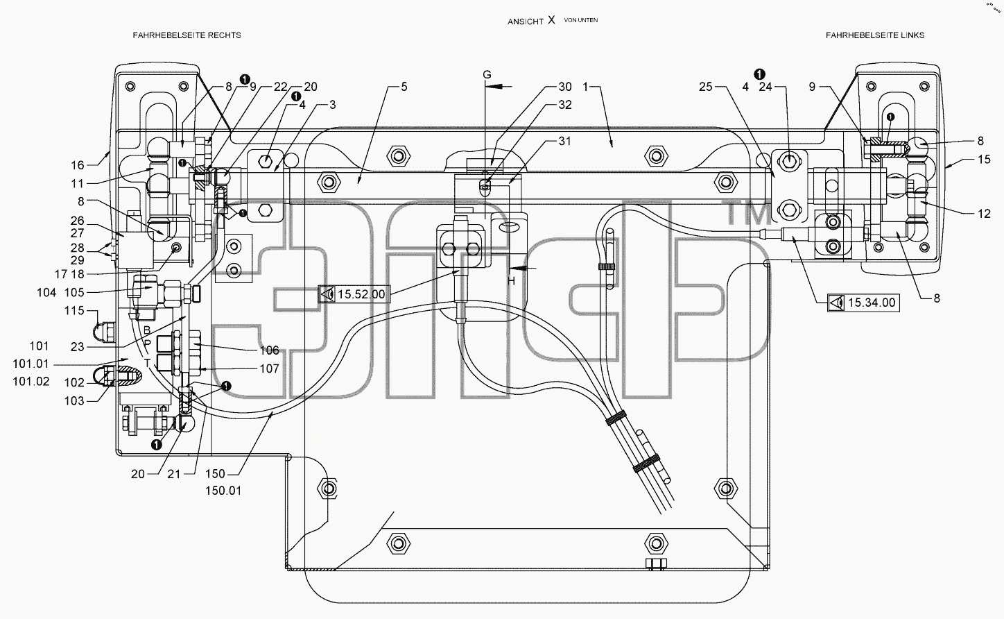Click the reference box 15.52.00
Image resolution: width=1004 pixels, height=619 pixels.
(x=354, y=294)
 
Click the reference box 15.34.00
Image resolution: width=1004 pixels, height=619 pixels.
(x=863, y=303)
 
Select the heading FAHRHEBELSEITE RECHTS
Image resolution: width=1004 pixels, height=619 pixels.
(x=187, y=35)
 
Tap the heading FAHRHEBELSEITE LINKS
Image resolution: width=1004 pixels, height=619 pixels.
(x=875, y=35)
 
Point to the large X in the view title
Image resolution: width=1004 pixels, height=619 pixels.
(x=551, y=19)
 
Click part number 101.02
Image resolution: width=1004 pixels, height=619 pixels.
(x=31, y=381)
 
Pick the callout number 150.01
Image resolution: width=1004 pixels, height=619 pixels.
(x=223, y=491)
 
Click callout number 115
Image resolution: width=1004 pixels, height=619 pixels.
(x=74, y=310)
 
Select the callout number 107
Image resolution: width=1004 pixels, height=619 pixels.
(x=270, y=368)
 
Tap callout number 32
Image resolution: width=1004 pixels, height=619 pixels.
(x=565, y=105)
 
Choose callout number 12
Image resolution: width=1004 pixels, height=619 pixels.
(x=985, y=214)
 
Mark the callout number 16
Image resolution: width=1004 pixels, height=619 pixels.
(x=78, y=165)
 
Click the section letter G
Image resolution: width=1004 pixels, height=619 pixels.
(x=487, y=74)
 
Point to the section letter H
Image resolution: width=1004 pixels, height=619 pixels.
(x=512, y=281)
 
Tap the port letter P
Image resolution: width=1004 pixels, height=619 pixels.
(x=148, y=344)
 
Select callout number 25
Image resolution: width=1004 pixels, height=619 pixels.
(x=705, y=87)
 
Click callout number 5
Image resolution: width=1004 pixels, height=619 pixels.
(x=404, y=87)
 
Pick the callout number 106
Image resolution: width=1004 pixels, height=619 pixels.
(x=270, y=350)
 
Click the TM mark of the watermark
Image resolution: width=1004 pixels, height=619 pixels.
(x=745, y=212)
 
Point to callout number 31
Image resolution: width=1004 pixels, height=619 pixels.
(x=564, y=141)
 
